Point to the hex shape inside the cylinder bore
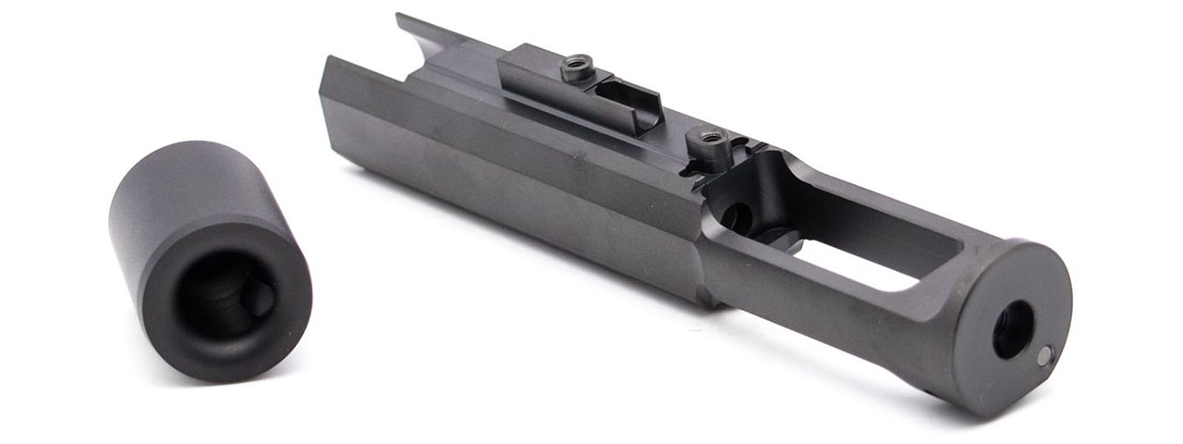point(262,299)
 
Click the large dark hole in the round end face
point(1013,329)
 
